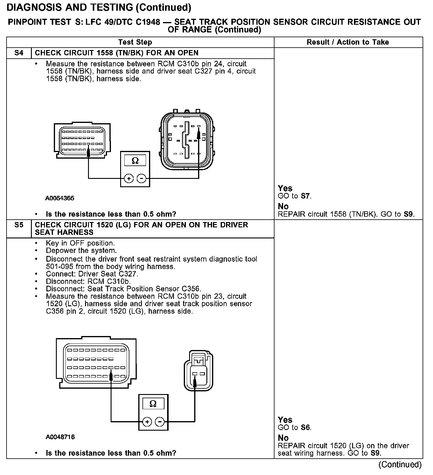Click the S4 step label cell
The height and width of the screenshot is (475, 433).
[x=19, y=53]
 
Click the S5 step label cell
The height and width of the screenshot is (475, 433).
[x=19, y=225]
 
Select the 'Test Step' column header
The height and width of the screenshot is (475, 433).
[x=135, y=42]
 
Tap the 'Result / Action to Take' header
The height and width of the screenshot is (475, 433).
[x=348, y=42]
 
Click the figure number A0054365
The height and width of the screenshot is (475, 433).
[x=60, y=198]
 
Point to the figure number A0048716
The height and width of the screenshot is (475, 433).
[x=60, y=437]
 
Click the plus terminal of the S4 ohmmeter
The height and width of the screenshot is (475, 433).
[x=129, y=179]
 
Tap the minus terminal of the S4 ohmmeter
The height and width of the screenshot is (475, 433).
[x=141, y=179]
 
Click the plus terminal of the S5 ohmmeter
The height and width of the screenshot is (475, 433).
[x=147, y=422]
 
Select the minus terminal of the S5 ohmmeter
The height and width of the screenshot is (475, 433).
[x=160, y=422]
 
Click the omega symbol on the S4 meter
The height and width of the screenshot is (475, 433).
[x=135, y=161]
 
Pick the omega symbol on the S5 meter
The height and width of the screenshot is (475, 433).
[x=153, y=404]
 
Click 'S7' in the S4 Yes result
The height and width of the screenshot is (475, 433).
[x=306, y=196]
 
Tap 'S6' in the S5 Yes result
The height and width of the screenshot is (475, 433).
[x=306, y=428]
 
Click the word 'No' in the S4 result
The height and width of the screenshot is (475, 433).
[x=283, y=207]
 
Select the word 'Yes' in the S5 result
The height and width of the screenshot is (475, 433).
[x=285, y=420]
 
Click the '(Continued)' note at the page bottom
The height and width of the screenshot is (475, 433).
[x=400, y=464]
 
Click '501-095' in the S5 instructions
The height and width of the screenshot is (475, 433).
[x=58, y=267]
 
